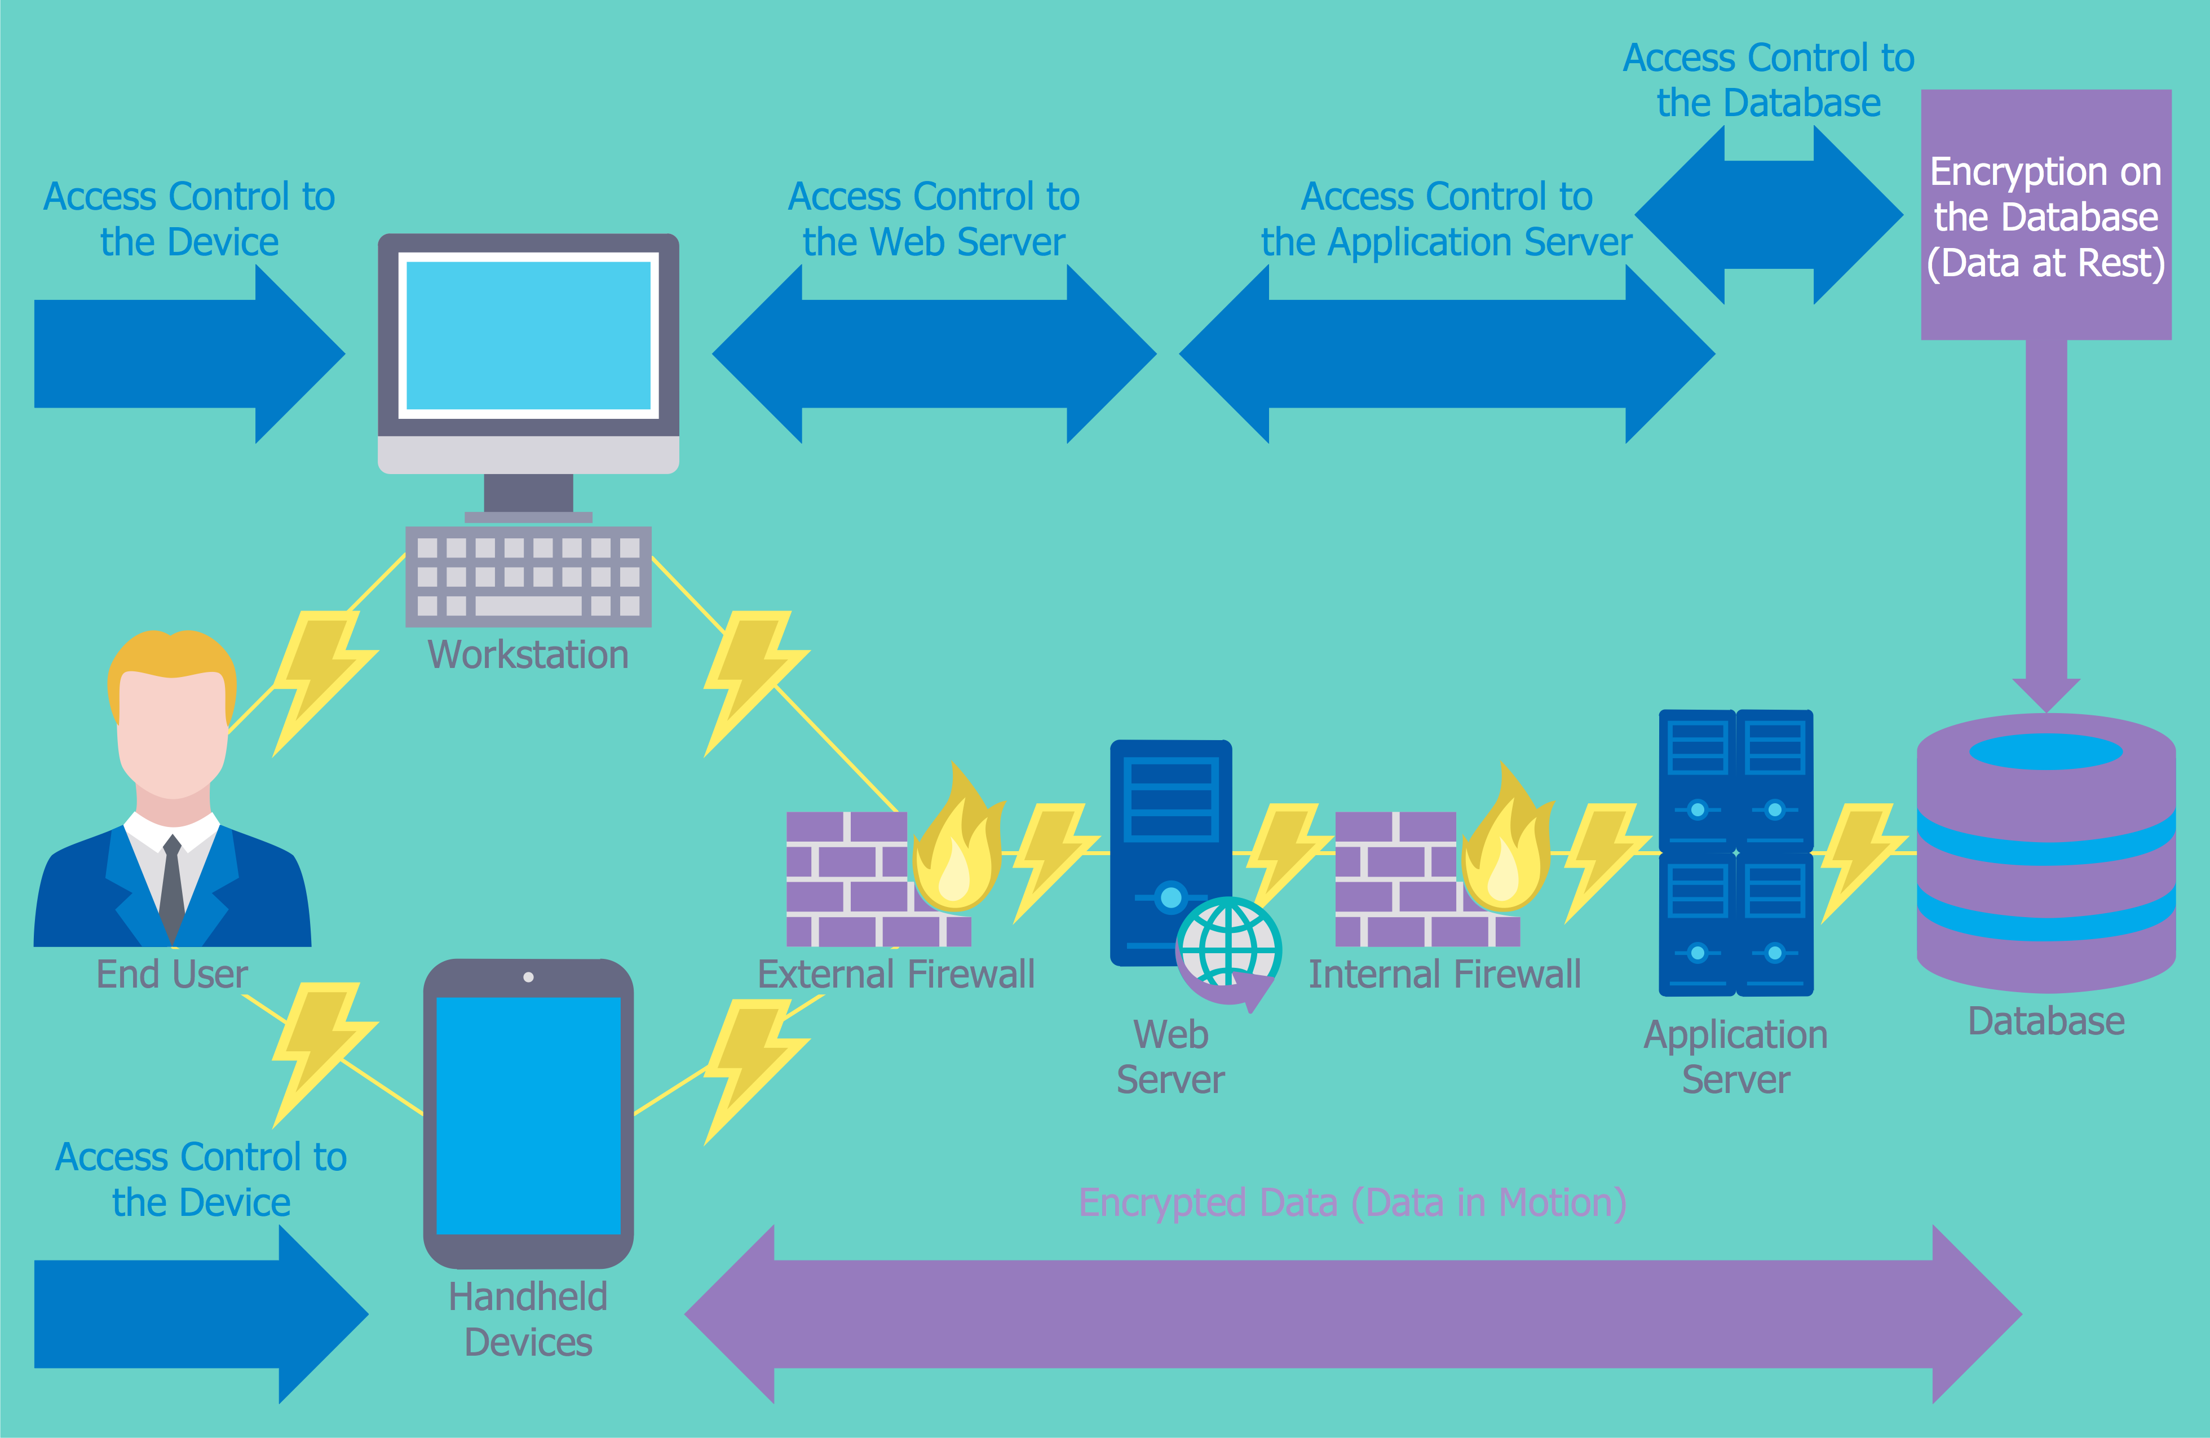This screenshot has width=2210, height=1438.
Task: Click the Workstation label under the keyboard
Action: pyautogui.click(x=528, y=654)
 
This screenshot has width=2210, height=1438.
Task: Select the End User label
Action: pyautogui.click(x=172, y=975)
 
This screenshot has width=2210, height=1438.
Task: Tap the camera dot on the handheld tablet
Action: pyautogui.click(x=528, y=977)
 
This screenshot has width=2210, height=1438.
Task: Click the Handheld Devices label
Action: pyautogui.click(x=528, y=1319)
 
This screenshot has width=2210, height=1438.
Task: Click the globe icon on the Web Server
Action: pyautogui.click(x=1228, y=947)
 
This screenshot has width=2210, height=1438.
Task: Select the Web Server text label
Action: pyautogui.click(x=1170, y=1056)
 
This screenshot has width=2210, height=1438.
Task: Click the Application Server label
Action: pyautogui.click(x=1735, y=1056)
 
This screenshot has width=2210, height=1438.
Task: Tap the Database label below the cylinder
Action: pyautogui.click(x=2045, y=1021)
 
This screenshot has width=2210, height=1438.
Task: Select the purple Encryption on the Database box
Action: pyautogui.click(x=2045, y=215)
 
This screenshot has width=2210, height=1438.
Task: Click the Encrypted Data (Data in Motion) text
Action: pyautogui.click(x=1352, y=1202)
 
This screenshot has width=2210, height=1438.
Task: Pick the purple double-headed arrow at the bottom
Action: pyautogui.click(x=1352, y=1313)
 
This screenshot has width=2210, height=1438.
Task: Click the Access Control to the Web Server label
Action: pyautogui.click(x=933, y=219)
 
